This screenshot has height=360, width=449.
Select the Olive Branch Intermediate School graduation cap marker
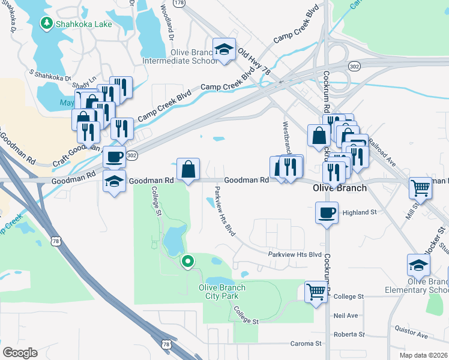coord(224,50)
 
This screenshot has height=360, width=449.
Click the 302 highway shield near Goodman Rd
coord(133,155)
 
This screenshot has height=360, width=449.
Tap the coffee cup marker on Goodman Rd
coord(114,157)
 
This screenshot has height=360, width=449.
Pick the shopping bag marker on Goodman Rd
coord(188,169)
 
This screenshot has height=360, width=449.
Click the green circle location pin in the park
coord(188,261)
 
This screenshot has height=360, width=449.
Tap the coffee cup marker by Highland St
coord(327,213)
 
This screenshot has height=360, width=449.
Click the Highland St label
coord(359,212)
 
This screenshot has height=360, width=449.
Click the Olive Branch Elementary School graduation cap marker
coord(418,265)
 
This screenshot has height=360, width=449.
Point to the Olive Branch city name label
coord(340,187)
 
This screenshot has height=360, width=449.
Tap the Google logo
coord(20,352)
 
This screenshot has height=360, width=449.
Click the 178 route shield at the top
coord(179,3)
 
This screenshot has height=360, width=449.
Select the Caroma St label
coord(303,343)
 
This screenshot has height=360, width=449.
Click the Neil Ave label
coord(346,315)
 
